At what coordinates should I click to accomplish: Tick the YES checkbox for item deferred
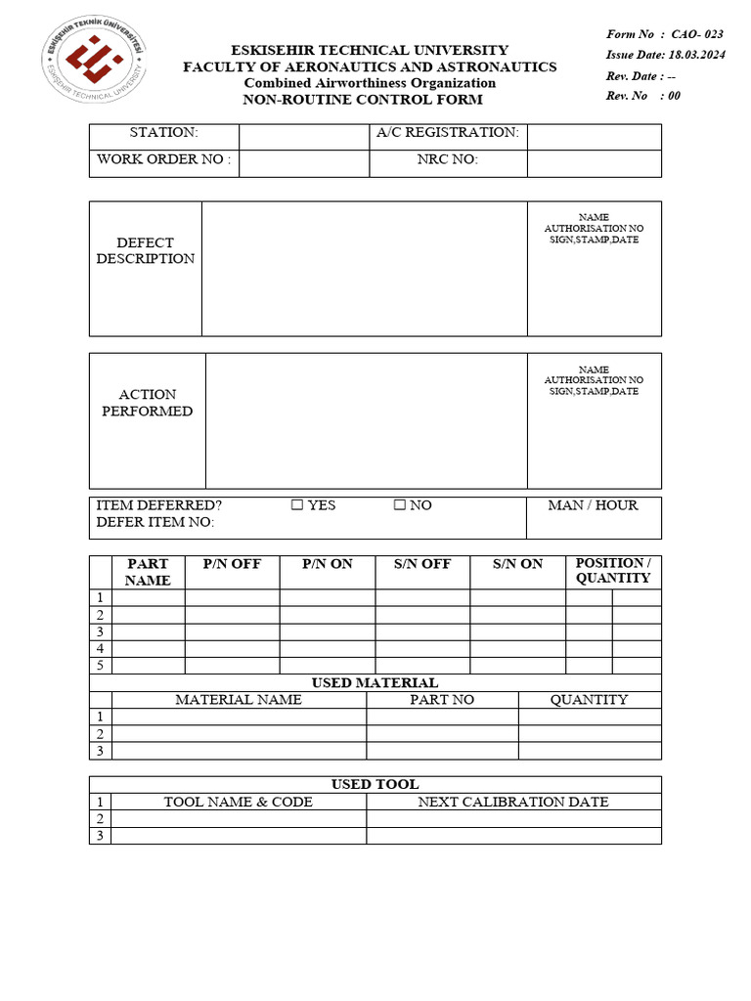tap(296, 505)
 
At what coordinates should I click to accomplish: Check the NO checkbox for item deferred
tap(399, 505)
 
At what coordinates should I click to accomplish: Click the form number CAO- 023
tap(696, 34)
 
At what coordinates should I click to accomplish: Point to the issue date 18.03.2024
tap(696, 55)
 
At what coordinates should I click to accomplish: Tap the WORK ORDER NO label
tap(163, 159)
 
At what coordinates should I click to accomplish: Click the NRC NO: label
tap(447, 159)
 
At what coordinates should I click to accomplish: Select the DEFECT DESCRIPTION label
tap(146, 250)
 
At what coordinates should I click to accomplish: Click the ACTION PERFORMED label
tap(148, 403)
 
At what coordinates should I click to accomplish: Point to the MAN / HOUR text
tap(593, 505)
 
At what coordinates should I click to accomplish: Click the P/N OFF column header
tap(232, 564)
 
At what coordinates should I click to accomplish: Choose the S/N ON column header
tap(517, 564)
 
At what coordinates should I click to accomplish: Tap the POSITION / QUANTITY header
tap(613, 570)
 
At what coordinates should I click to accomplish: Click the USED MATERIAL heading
tap(375, 682)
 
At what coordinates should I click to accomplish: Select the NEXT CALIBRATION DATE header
tap(513, 802)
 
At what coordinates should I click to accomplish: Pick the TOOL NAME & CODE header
tap(239, 802)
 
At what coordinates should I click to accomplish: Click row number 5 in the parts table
tap(100, 666)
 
